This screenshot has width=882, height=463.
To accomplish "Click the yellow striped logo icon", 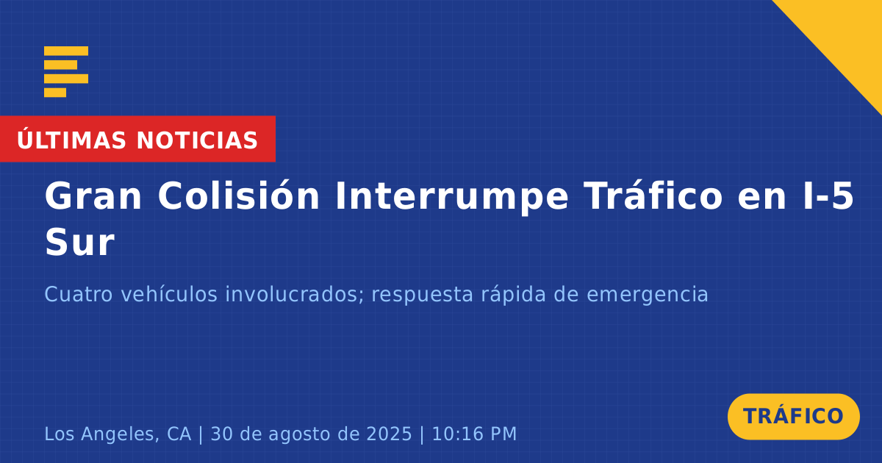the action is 66,72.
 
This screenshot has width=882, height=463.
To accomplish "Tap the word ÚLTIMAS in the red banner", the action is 71,140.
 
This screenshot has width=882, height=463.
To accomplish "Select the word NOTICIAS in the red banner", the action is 197,140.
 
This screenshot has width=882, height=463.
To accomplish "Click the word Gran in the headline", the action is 93,196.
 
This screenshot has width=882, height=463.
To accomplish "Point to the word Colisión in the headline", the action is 239,195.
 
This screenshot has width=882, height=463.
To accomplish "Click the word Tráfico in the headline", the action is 653,195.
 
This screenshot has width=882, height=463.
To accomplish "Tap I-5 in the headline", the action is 828,196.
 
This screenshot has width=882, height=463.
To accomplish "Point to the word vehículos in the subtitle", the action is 169,294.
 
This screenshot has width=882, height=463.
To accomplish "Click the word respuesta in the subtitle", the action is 422,295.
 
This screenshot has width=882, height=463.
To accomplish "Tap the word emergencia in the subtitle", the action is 648,295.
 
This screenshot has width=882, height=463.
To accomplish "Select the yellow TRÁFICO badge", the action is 793,417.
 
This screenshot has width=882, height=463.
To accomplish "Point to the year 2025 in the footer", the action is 389,434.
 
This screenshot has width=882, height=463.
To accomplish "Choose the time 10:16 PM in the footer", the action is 475,434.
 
